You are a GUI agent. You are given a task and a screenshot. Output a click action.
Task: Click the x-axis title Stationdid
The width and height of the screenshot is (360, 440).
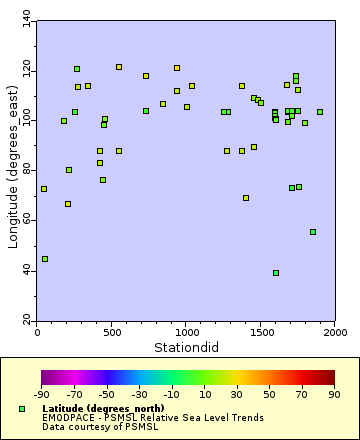[x=186, y=346]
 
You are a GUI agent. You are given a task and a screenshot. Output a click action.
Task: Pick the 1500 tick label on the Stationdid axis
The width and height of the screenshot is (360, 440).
[x=261, y=333]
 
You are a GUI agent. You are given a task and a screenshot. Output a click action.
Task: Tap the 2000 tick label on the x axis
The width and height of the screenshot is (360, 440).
[x=335, y=333]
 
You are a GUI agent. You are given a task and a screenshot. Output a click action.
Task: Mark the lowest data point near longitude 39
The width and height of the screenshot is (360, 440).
[x=276, y=273]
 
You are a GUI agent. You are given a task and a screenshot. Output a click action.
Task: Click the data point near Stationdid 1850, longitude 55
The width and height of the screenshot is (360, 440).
[x=313, y=232]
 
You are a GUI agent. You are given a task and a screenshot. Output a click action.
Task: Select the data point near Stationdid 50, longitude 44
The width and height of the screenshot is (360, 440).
[x=45, y=259]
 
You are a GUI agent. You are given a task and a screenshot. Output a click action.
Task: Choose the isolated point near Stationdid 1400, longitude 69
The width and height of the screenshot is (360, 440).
[x=246, y=198]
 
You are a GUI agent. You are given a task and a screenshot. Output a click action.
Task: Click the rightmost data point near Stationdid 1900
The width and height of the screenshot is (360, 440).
[x=320, y=112]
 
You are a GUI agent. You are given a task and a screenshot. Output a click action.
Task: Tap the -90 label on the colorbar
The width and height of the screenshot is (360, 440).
[x=42, y=395]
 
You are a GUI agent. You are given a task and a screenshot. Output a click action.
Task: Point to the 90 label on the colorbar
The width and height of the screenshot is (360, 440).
[x=335, y=395]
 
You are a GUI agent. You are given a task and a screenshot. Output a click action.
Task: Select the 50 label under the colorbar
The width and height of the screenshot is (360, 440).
[x=270, y=395]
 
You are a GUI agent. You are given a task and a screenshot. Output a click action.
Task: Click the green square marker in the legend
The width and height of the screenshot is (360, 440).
[x=22, y=409]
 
